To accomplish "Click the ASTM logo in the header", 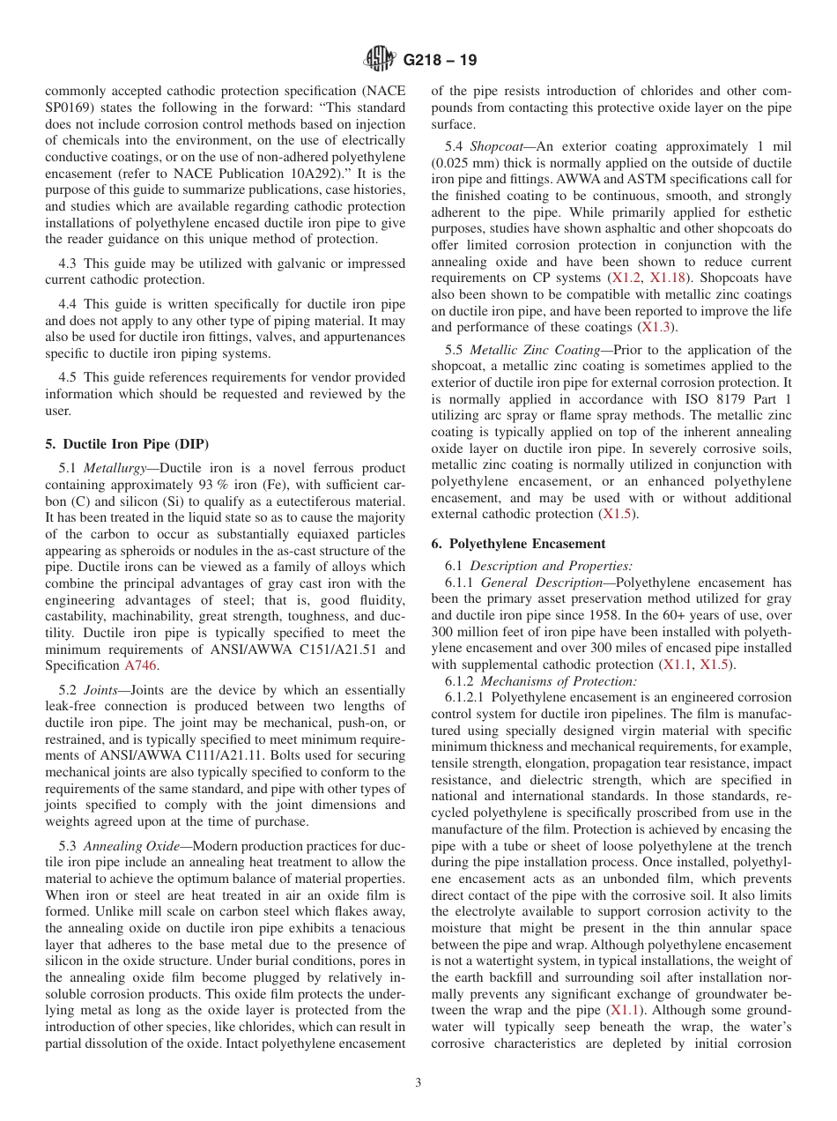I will (380, 60).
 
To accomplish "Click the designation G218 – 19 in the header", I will (440, 61).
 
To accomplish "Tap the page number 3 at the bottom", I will (418, 1083).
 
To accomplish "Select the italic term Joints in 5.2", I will (100, 690).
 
